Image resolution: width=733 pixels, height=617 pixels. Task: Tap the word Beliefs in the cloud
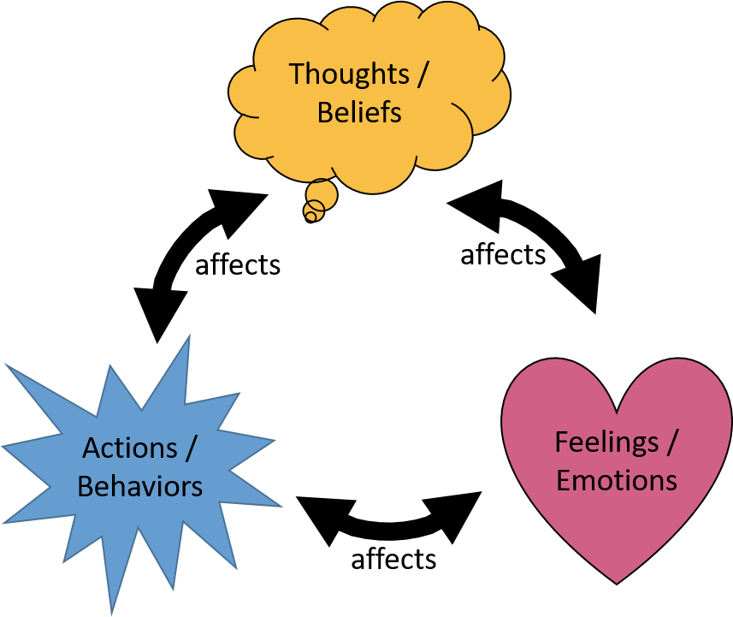click(x=359, y=112)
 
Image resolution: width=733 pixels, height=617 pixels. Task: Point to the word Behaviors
click(x=140, y=486)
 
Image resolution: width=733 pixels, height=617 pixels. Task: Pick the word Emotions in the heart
click(x=617, y=480)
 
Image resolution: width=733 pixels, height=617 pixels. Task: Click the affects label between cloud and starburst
click(x=238, y=264)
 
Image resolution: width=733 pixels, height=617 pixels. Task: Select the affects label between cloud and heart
click(x=503, y=254)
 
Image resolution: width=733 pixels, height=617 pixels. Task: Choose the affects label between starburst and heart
click(x=393, y=560)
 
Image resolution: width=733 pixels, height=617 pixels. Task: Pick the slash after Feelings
click(x=673, y=442)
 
